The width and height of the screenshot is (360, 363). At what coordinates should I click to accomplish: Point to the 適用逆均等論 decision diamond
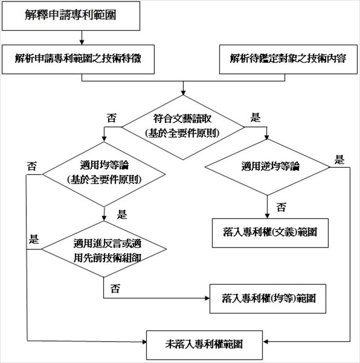268,167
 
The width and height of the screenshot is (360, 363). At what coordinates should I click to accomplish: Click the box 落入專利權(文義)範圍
270,232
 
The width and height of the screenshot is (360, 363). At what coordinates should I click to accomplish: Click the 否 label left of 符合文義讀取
111,118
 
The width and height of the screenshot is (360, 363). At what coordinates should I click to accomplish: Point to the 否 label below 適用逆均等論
281,208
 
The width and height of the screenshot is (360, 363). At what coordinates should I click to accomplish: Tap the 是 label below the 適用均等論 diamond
122,214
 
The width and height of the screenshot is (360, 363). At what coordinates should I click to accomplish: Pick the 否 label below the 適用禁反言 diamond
115,289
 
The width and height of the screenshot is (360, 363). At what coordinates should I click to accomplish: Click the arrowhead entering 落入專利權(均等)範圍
207,299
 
